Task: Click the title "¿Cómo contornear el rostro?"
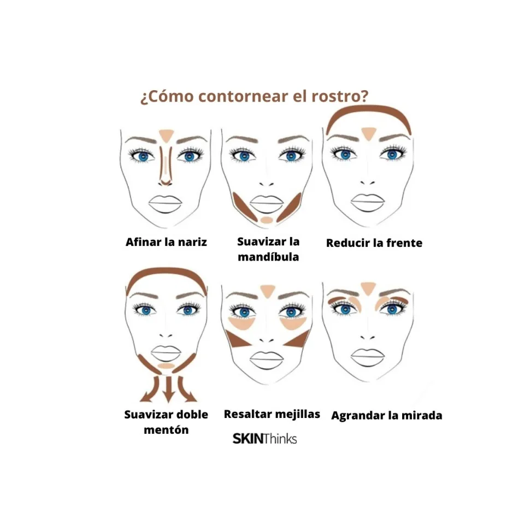[254, 97]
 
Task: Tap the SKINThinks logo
[264, 438]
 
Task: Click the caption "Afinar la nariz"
[166, 242]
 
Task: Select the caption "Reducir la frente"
[374, 243]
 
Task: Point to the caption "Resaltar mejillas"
[272, 414]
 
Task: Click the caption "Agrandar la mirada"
[386, 415]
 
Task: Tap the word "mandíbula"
[268, 257]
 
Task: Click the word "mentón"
[166, 429]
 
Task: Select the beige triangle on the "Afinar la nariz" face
[166, 134]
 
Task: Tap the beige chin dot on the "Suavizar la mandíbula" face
[267, 220]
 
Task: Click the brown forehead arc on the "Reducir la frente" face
[369, 111]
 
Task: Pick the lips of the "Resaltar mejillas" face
[267, 359]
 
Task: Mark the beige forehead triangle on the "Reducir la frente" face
[369, 132]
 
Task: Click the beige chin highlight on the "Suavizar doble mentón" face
[166, 365]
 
